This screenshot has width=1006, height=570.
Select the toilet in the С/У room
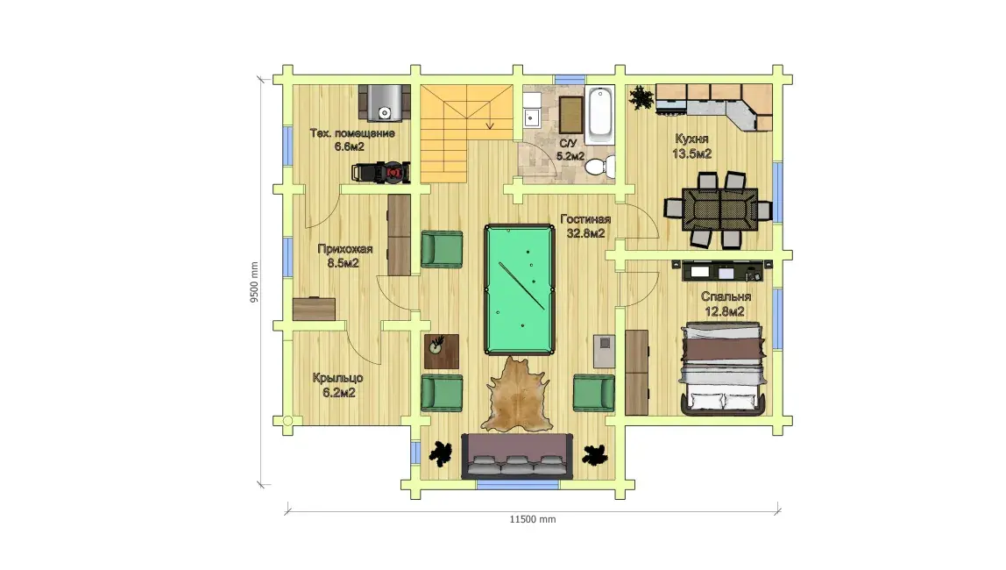[600, 167]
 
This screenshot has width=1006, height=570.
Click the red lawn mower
[381, 172]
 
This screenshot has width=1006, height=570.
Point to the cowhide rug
[517, 394]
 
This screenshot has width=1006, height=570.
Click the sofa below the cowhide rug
[517, 456]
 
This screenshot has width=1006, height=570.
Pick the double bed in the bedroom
[723, 368]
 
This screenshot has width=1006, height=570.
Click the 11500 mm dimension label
[533, 519]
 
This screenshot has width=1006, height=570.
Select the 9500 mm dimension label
[255, 281]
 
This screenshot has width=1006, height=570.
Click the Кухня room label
[691, 139]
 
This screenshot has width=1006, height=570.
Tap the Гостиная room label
[585, 219]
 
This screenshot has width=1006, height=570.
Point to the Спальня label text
[726, 296]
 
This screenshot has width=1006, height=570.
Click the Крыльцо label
[338, 378]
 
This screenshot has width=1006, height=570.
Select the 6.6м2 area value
[349, 147]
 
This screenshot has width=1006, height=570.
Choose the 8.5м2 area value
[343, 263]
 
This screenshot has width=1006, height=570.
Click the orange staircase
[466, 133]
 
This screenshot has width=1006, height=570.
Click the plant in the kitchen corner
[641, 98]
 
